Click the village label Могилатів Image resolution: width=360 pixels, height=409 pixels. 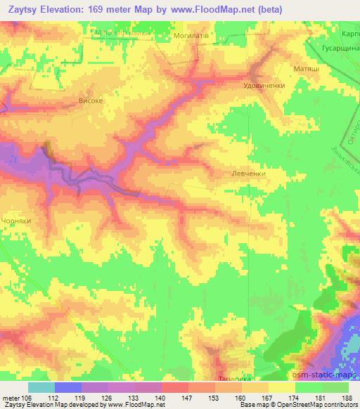[x=189, y=34]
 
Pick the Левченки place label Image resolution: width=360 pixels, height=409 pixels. [x=246, y=172]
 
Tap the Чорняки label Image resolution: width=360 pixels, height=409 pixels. [x=17, y=219]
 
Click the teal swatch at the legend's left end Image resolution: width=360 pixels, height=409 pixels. [x=41, y=387]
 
